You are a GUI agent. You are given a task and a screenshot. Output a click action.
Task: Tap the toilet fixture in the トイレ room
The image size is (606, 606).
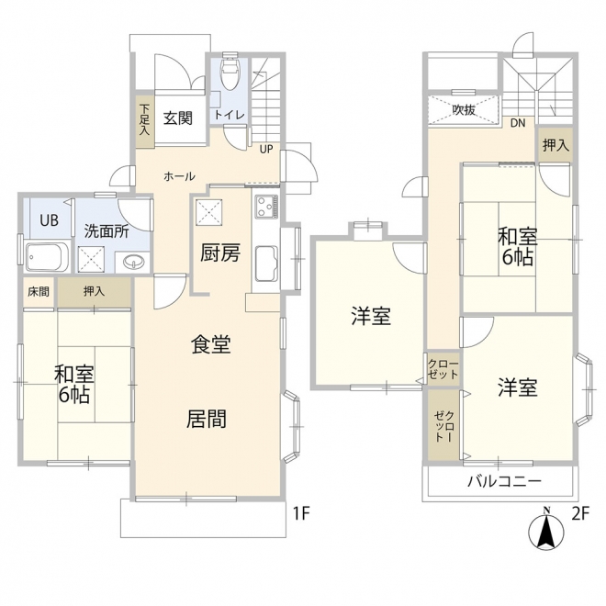[230, 71]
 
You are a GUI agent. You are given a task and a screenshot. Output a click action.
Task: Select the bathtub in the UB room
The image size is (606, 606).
[47, 256]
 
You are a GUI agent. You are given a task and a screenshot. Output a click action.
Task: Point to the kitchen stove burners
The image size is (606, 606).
[266, 207]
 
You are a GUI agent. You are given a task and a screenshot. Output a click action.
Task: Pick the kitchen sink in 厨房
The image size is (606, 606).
[266, 264]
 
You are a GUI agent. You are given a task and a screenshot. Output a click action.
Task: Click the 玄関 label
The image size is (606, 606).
[177, 118]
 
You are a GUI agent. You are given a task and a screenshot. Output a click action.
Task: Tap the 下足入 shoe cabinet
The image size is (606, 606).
[144, 119]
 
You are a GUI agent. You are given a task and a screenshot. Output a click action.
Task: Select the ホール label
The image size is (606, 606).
[179, 177]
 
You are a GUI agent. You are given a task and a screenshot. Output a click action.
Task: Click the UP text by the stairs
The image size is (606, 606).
[266, 149]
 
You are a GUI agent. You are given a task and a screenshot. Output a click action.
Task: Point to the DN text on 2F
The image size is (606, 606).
[518, 123]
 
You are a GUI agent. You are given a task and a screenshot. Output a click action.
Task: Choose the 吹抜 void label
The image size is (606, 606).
[464, 110]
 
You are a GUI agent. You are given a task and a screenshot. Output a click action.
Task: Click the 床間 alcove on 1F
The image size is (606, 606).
[39, 292]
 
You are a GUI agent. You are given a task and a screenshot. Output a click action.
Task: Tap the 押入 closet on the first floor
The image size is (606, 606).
[94, 292]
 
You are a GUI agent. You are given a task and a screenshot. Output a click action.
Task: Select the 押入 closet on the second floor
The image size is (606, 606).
[555, 145]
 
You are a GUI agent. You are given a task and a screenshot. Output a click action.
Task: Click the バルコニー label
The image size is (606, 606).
[504, 482]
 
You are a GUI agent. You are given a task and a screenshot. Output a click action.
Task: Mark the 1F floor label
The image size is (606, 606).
[301, 514]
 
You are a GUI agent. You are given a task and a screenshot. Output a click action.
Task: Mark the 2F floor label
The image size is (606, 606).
[579, 514]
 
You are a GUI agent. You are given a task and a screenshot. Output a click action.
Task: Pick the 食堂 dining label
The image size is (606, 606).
[211, 344]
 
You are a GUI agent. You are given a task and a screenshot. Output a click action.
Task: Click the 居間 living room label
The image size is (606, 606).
[207, 419]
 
